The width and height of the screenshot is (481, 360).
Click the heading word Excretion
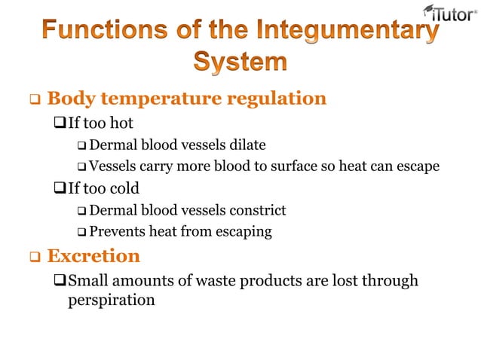(x=93, y=256)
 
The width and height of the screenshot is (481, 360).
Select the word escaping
(x=245, y=232)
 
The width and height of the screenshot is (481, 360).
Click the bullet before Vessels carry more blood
(x=82, y=166)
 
